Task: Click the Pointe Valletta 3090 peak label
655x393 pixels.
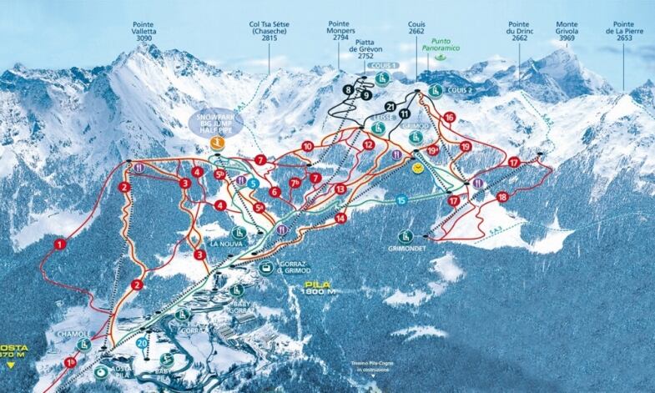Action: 139,33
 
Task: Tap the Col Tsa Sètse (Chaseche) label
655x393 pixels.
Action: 270,33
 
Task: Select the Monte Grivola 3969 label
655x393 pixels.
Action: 567,33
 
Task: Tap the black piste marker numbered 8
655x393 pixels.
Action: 347,89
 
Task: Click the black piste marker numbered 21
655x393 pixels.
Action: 391,106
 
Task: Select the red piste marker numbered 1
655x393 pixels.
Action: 59,244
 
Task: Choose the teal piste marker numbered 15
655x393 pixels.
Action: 401,200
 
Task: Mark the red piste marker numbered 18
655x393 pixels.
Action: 502,197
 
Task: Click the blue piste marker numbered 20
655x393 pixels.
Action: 143,344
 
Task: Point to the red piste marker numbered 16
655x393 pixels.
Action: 450,118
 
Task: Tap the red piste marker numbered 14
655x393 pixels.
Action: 340,218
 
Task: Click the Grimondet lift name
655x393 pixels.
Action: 406,248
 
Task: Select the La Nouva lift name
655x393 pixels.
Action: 226,244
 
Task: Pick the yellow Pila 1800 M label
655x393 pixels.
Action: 319,288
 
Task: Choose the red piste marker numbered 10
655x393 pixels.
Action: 307,146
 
